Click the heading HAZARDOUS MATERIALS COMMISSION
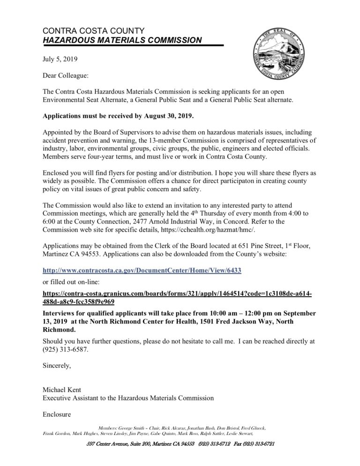[122, 41]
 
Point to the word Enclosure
[59, 414]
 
